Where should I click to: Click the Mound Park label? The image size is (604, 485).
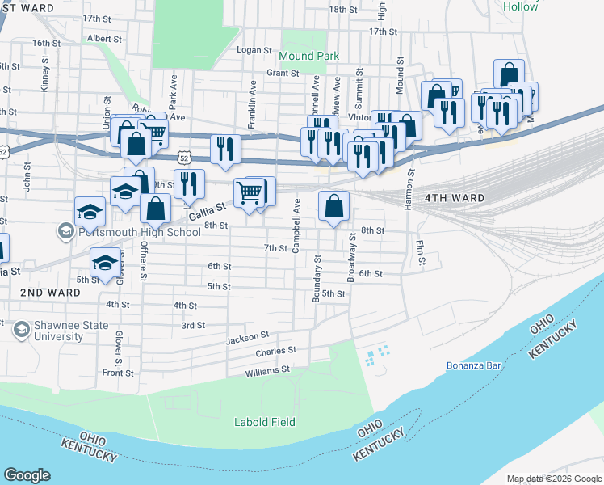(308, 56)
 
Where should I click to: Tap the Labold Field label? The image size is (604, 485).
(264, 422)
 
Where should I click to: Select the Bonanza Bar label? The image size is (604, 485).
(475, 365)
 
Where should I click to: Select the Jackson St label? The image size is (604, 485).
(246, 336)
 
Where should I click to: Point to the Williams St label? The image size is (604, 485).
(268, 370)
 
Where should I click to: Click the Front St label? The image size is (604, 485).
(118, 373)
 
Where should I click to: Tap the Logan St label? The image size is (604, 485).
(254, 50)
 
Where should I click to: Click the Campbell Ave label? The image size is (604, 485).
(296, 224)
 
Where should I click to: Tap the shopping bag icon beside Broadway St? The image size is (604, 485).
(333, 206)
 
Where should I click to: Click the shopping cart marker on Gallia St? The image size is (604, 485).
(250, 193)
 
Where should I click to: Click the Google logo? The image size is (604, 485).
(27, 475)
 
